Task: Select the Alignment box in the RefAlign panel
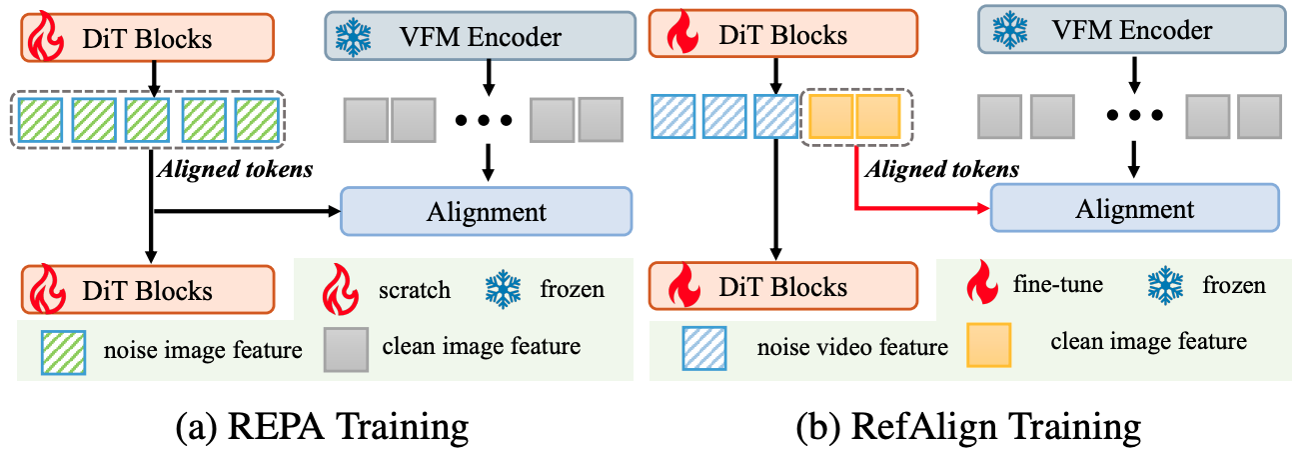[x=1134, y=209]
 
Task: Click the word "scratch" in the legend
[x=415, y=290]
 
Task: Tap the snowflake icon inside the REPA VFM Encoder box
[x=353, y=37]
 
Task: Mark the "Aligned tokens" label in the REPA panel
[x=235, y=170]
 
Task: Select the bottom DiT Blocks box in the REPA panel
[x=146, y=290]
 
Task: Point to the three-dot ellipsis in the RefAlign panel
[x=1133, y=115]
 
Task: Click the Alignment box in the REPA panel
[x=487, y=211]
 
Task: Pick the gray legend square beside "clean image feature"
[x=346, y=348]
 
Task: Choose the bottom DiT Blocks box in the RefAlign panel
[x=780, y=286]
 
